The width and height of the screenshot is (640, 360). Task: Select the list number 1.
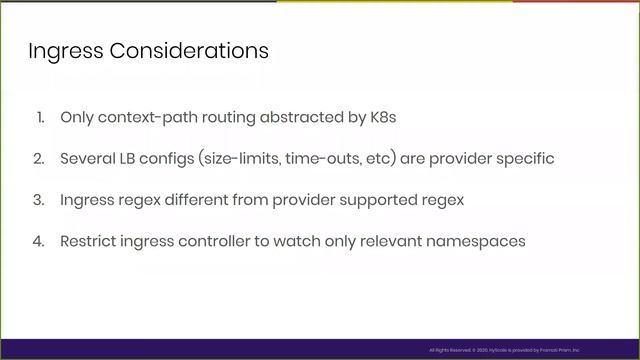(x=41, y=117)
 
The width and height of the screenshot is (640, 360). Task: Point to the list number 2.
(x=40, y=158)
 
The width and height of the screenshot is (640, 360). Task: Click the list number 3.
(x=40, y=200)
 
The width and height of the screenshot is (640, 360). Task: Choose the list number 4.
(x=40, y=241)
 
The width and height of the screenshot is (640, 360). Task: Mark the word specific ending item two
(x=523, y=158)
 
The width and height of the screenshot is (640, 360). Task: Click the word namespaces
(x=477, y=241)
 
